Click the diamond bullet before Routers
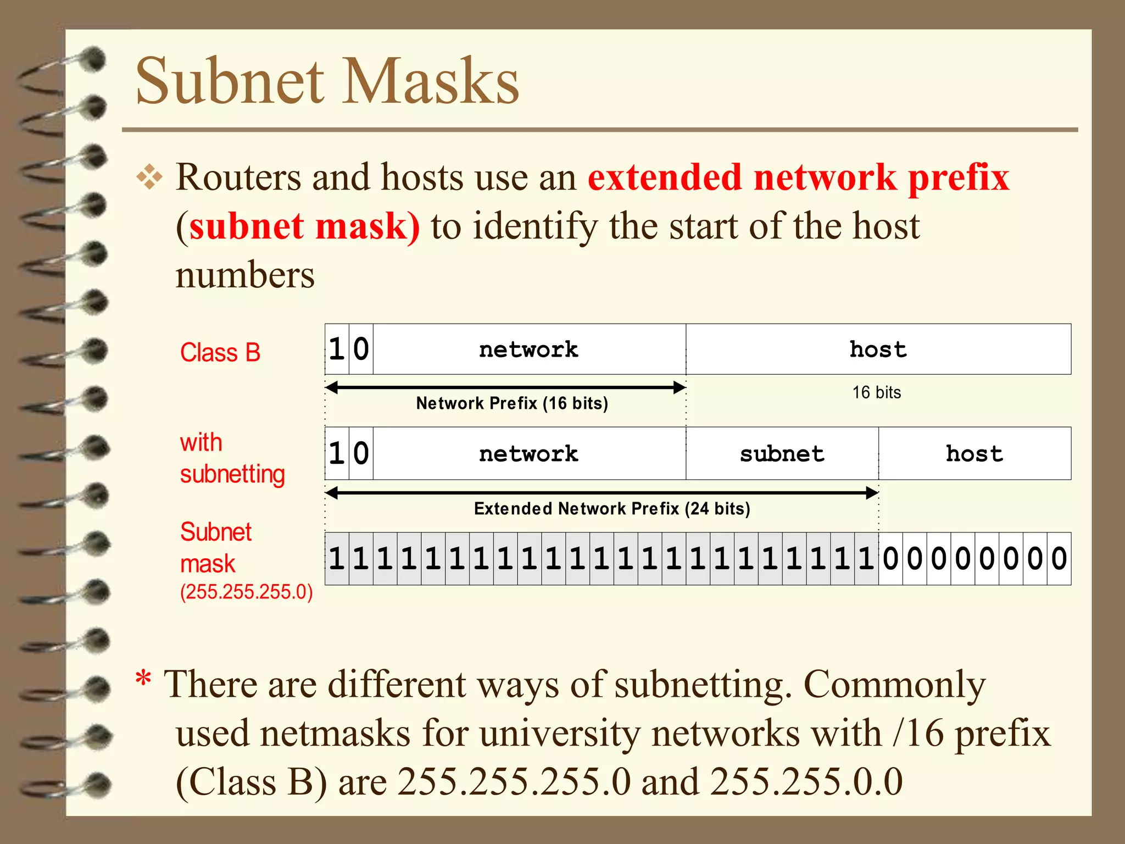pos(149,177)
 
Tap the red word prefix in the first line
pos(958,178)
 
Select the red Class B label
pos(220,353)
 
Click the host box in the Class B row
pos(878,349)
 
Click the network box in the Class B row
pos(528,349)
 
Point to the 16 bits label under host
pos(876,392)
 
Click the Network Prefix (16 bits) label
pos(512,403)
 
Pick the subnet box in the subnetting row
pos(782,454)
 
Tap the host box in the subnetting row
pos(974,454)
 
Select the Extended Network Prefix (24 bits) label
pos(612,509)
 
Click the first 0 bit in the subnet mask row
pos(890,559)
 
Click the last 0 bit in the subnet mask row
pos(1059,559)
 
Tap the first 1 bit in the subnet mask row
pos(337,559)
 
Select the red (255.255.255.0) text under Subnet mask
pos(247,592)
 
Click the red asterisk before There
pos(143,679)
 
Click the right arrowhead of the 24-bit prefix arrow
pos(872,493)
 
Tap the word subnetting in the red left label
pos(232,474)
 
